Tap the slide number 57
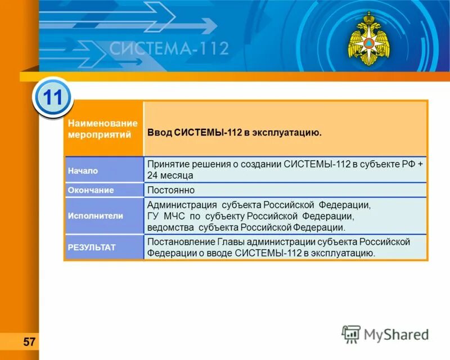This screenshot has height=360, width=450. click(x=29, y=341)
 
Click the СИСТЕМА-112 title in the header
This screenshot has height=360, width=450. click(x=169, y=48)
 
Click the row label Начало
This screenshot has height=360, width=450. click(x=83, y=170)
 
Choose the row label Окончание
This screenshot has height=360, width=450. click(x=91, y=190)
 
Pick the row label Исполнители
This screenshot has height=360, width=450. click(x=95, y=215)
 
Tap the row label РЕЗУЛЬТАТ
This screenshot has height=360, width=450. click(x=92, y=247)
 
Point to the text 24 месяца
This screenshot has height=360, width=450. click(x=170, y=175)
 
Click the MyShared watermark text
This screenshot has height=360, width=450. click(x=395, y=334)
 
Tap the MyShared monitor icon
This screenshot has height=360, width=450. click(x=352, y=334)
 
